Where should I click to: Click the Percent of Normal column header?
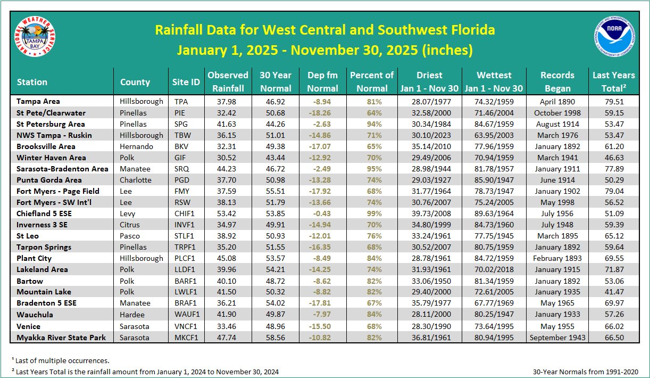click(x=371, y=81)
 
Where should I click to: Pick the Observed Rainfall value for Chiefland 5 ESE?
click(x=228, y=213)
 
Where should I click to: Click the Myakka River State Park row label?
click(x=61, y=338)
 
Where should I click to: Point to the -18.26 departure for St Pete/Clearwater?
click(x=323, y=113)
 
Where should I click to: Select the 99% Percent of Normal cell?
click(x=371, y=213)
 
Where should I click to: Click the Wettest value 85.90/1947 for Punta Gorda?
click(x=494, y=180)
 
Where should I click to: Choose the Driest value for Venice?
click(x=429, y=326)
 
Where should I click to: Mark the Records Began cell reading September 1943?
click(x=557, y=338)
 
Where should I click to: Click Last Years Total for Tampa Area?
click(x=613, y=101)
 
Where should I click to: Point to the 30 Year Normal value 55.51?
click(x=275, y=191)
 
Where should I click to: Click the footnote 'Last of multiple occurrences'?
click(x=62, y=360)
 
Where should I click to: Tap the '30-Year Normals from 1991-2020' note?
click(x=585, y=372)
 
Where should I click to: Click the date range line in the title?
click(x=324, y=50)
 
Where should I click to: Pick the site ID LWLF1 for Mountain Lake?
click(x=186, y=292)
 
